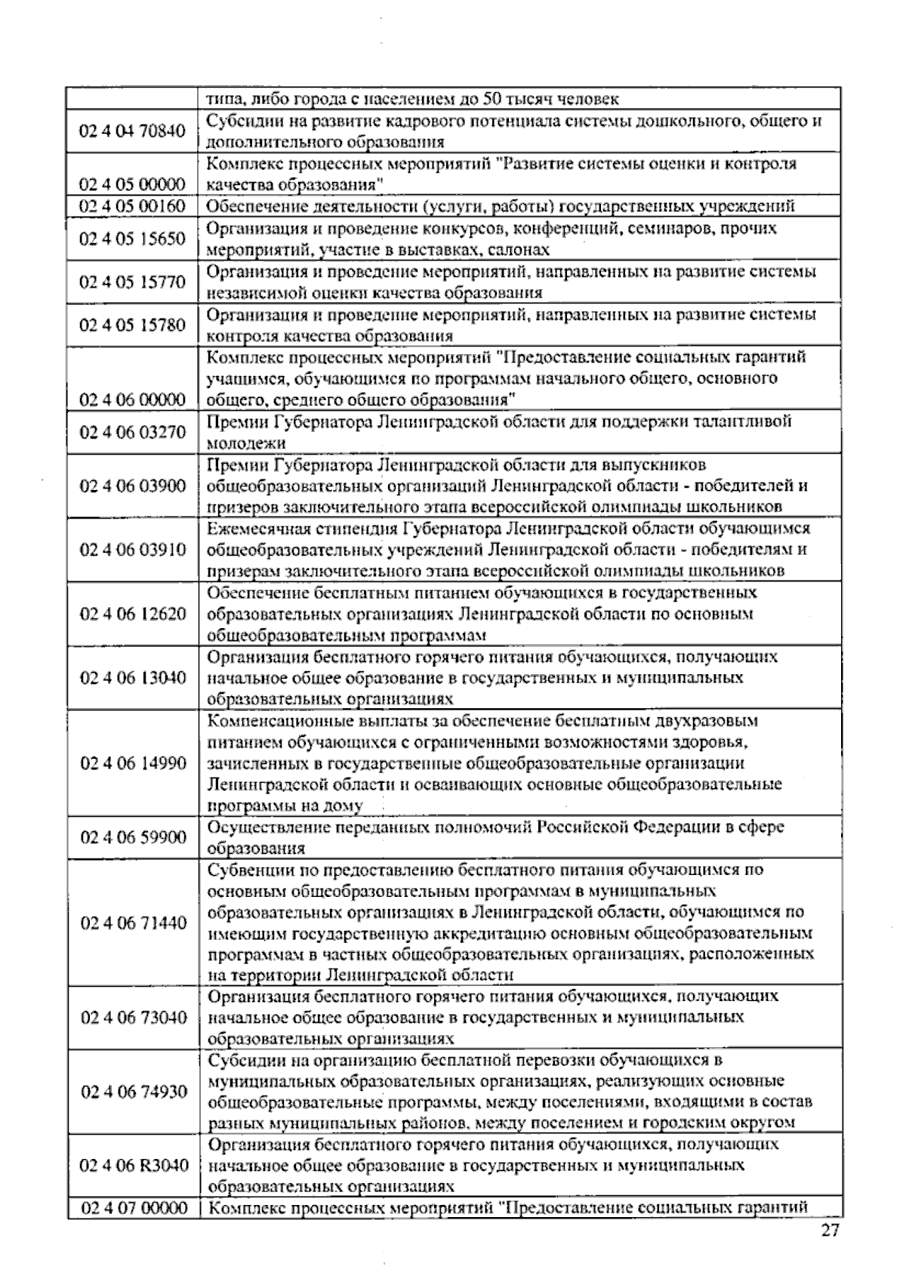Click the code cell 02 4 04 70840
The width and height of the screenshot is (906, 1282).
(132, 131)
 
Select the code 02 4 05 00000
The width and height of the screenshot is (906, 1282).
(132, 184)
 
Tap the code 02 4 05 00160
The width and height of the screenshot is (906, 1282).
(132, 206)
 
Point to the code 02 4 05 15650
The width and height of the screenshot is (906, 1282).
(132, 239)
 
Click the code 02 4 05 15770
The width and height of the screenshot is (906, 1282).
(132, 282)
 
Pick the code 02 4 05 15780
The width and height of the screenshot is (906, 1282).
(132, 325)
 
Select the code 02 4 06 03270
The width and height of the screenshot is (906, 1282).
(132, 432)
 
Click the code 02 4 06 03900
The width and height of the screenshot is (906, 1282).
(132, 485)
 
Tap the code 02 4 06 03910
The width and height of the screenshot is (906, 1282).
(132, 549)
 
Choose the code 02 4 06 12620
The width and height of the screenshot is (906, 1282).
(132, 613)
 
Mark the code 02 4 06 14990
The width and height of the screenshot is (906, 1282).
(132, 763)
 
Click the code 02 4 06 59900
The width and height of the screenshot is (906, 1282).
(132, 837)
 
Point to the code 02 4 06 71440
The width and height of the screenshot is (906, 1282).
(132, 923)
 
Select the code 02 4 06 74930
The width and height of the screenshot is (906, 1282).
(132, 1092)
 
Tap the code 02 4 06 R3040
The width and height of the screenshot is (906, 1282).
(134, 1165)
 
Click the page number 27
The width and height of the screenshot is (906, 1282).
(830, 1231)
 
